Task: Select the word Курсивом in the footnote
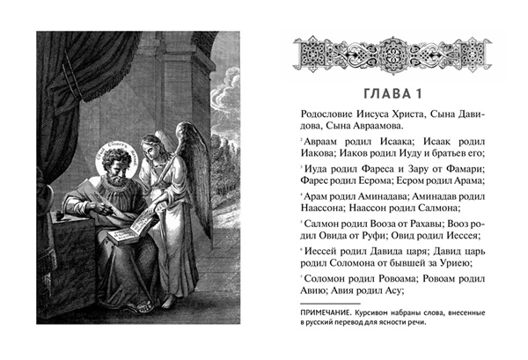[385, 314]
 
